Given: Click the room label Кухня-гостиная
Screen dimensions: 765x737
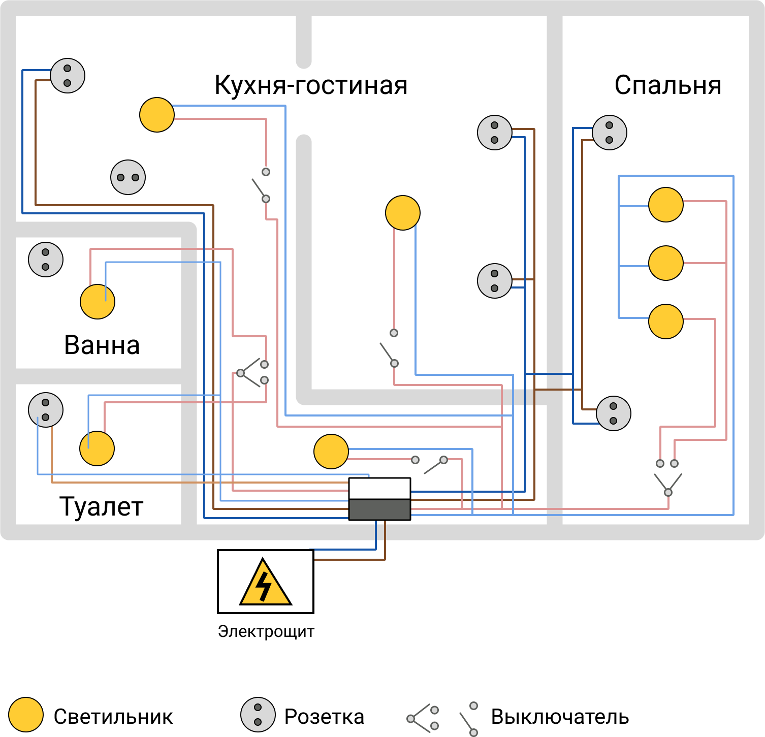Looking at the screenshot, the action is [311, 85].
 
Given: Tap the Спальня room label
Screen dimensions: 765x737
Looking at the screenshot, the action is [668, 85].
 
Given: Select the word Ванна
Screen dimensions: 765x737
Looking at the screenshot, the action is [102, 345].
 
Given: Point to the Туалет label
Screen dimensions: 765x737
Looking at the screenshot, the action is [102, 506].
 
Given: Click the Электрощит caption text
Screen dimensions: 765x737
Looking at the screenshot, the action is [266, 631].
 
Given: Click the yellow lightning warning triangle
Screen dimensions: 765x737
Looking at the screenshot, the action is [266, 583].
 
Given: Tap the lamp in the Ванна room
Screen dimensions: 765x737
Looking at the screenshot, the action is [98, 302].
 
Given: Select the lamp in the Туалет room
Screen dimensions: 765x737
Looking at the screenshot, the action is [97, 448].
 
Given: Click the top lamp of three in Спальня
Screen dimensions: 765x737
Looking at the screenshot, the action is [666, 205].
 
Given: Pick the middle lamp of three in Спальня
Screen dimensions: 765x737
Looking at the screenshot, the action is [666, 263].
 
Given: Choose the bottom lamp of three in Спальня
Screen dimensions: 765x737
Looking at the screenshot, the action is [666, 322].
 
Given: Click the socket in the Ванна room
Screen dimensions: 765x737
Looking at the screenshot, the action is [46, 260].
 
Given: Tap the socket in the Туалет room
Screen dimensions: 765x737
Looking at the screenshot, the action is [46, 410].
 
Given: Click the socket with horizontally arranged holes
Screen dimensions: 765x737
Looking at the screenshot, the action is [128, 177].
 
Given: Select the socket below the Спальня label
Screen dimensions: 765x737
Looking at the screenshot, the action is [610, 133].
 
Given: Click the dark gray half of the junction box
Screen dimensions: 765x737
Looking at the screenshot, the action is [379, 509].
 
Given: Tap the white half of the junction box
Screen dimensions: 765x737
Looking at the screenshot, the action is [379, 489].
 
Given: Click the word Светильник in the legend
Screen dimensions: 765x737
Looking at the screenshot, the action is [113, 717].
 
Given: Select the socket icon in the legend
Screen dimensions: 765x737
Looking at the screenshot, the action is [258, 715].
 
